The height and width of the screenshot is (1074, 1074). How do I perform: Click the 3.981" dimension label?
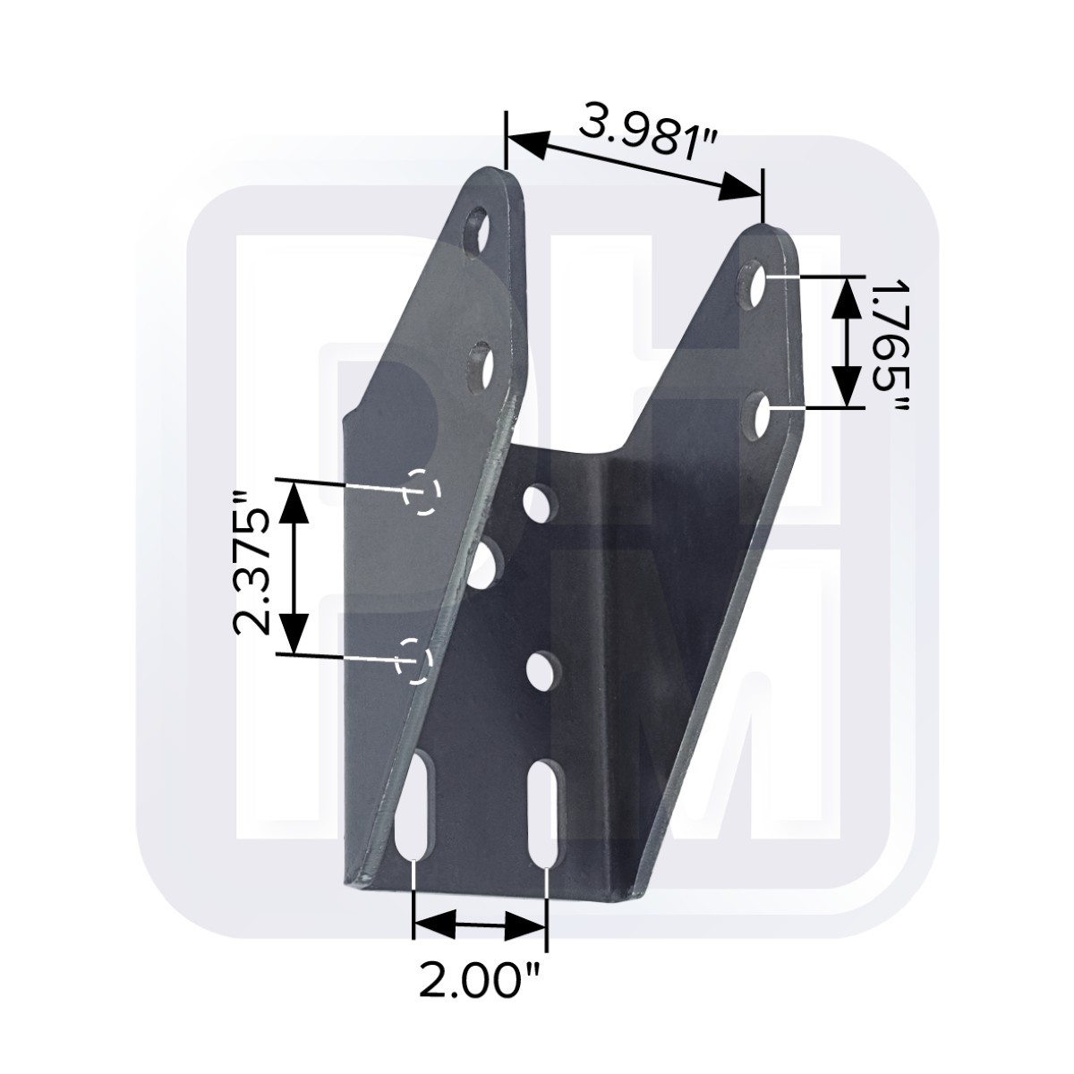point(646,134)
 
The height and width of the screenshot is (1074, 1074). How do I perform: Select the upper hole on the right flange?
point(755,286)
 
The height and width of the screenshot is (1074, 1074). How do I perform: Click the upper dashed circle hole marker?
point(422,491)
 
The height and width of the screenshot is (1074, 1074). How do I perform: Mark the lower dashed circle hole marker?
point(414,661)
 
